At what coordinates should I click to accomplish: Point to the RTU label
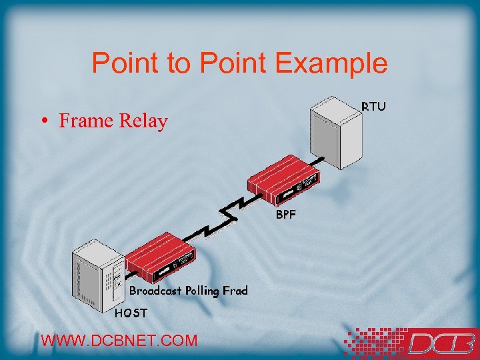click(373, 106)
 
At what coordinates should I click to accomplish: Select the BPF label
click(287, 215)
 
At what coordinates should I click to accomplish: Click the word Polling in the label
click(204, 291)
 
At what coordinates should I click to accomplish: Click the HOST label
click(130, 312)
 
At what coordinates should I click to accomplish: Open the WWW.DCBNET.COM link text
click(119, 340)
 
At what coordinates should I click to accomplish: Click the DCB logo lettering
click(440, 343)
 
